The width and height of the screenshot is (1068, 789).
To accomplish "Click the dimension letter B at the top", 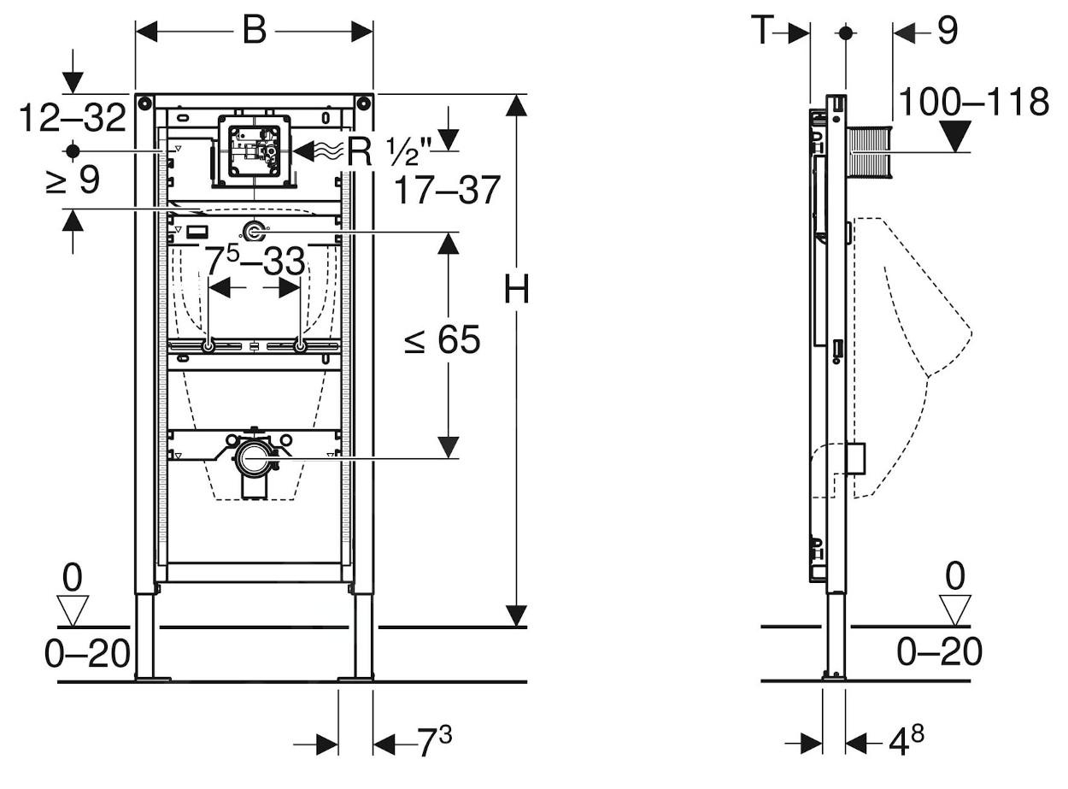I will [254, 31].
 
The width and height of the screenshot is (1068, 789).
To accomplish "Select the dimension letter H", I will [516, 291].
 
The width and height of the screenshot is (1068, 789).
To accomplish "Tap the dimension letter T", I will [763, 32].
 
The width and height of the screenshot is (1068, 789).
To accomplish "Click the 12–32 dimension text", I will [73, 116].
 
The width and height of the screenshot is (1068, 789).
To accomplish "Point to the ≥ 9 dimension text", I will [73, 180].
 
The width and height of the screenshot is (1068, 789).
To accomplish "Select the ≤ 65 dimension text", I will [443, 340].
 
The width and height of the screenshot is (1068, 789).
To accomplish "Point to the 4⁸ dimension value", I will [906, 740].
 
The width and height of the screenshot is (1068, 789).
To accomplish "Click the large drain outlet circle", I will [254, 458].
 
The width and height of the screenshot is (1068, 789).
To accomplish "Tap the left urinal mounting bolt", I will [208, 346].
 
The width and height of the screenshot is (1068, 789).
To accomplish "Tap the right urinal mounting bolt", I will [300, 346].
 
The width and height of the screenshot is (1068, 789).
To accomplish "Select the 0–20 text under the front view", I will [86, 654].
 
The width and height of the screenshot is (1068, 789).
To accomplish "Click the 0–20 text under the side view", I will [939, 652].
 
